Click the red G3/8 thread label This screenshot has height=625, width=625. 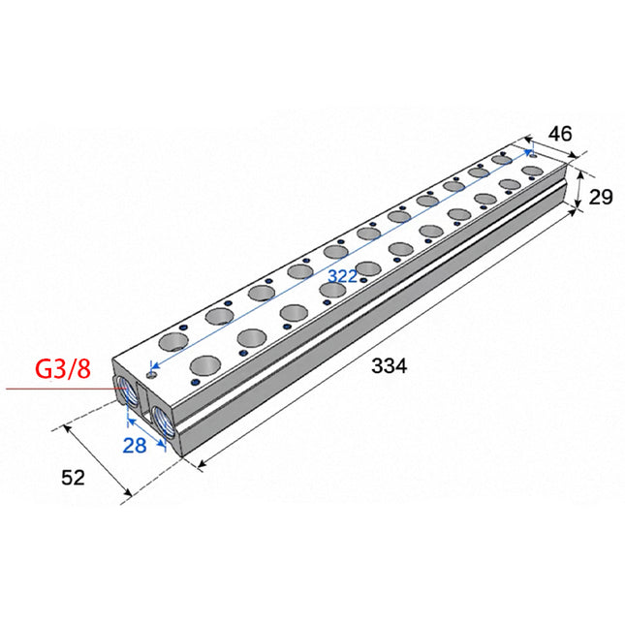[x=63, y=369]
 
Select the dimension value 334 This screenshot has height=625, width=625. [x=389, y=365]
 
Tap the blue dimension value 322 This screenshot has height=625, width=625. [x=342, y=276]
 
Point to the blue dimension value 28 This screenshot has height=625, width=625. [x=135, y=445]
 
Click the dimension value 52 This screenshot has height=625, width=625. [x=74, y=477]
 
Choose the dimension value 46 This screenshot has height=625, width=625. [x=560, y=134]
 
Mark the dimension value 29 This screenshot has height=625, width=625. [x=600, y=198]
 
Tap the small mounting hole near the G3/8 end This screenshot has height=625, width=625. [x=151, y=375]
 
